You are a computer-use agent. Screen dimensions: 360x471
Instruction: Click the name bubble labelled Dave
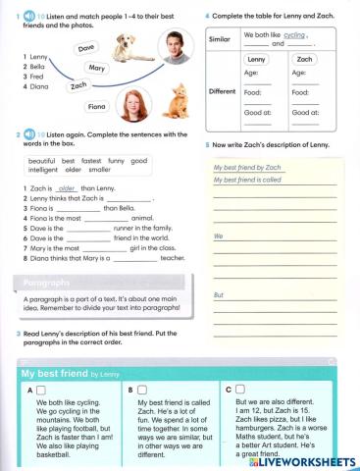pos(86,47)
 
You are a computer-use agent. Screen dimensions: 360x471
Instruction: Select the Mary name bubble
pos(96,68)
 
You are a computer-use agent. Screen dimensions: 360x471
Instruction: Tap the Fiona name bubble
pos(97,106)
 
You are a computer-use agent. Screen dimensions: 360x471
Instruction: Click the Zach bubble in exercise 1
pos(78,85)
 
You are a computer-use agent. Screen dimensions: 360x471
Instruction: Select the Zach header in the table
pos(304,60)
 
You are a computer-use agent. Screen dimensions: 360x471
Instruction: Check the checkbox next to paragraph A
pos(45,391)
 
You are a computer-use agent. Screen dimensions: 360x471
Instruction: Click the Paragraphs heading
pos(45,283)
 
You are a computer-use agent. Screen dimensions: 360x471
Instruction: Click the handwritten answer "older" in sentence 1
pos(68,187)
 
